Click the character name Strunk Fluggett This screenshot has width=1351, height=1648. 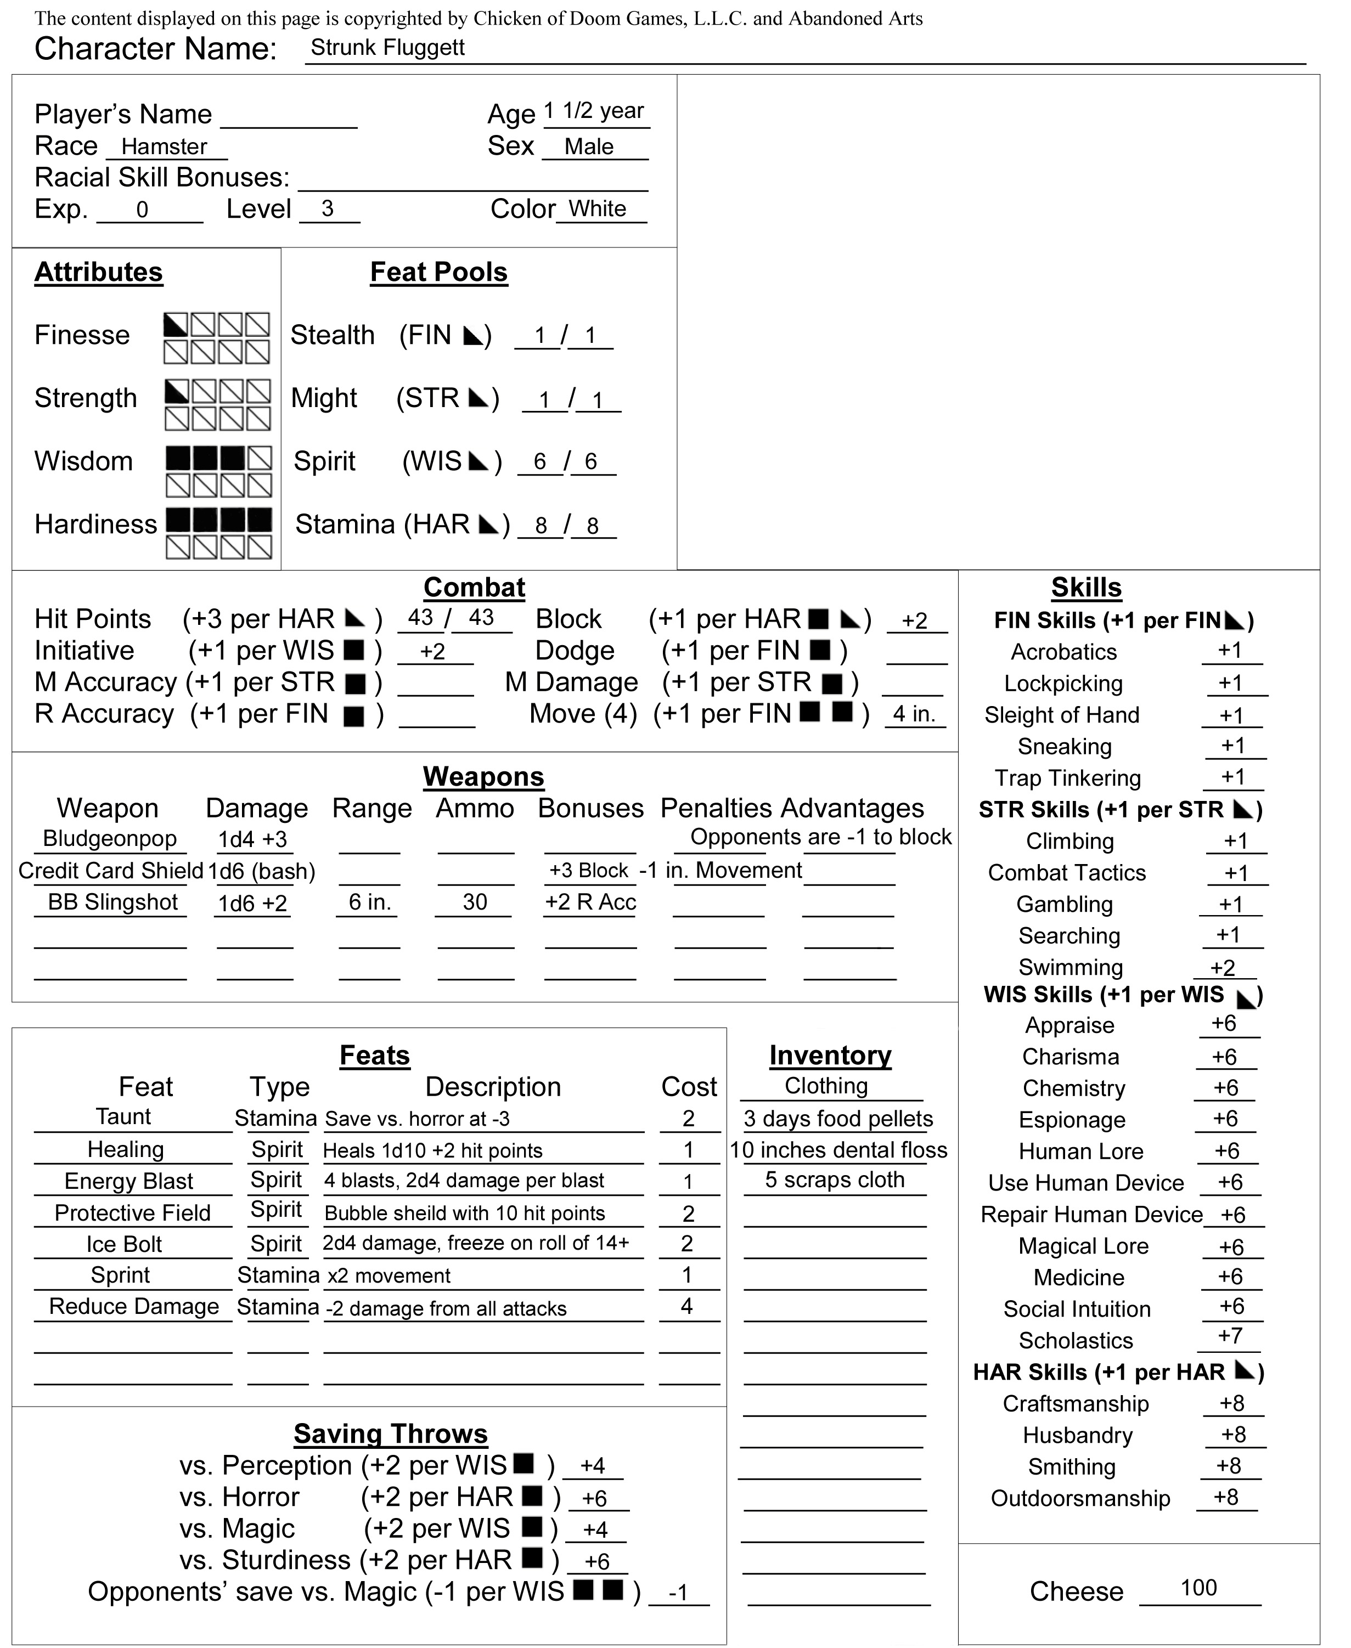coord(387,48)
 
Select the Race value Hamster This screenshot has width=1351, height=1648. coord(164,146)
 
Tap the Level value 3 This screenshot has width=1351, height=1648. coord(328,208)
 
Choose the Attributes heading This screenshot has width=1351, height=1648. coord(98,272)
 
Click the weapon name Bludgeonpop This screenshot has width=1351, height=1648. coord(109,838)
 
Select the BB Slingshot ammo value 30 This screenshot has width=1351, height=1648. coord(475,902)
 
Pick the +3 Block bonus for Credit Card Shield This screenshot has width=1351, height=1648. coord(588,870)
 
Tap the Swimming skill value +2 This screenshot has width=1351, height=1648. coord(1223,967)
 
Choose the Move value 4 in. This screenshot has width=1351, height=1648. coord(914,714)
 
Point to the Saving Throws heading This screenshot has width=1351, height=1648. coord(391,1433)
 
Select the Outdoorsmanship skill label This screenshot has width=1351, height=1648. coord(1080,1499)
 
